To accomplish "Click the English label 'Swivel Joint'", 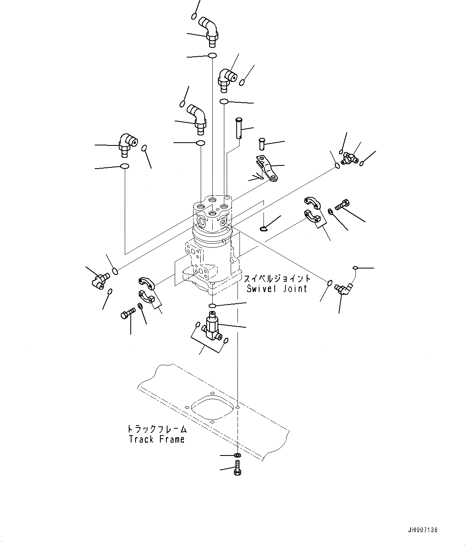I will tap(277, 288).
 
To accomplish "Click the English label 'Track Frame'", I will tap(157, 439).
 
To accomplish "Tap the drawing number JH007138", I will tap(423, 530).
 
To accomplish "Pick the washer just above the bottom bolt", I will tap(237, 455).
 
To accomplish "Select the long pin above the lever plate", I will tap(239, 127).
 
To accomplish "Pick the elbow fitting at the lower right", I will tap(343, 288).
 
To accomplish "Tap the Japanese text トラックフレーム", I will tap(157, 429).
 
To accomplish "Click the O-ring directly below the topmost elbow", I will tap(212, 56).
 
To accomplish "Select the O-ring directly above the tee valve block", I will tap(213, 306).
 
